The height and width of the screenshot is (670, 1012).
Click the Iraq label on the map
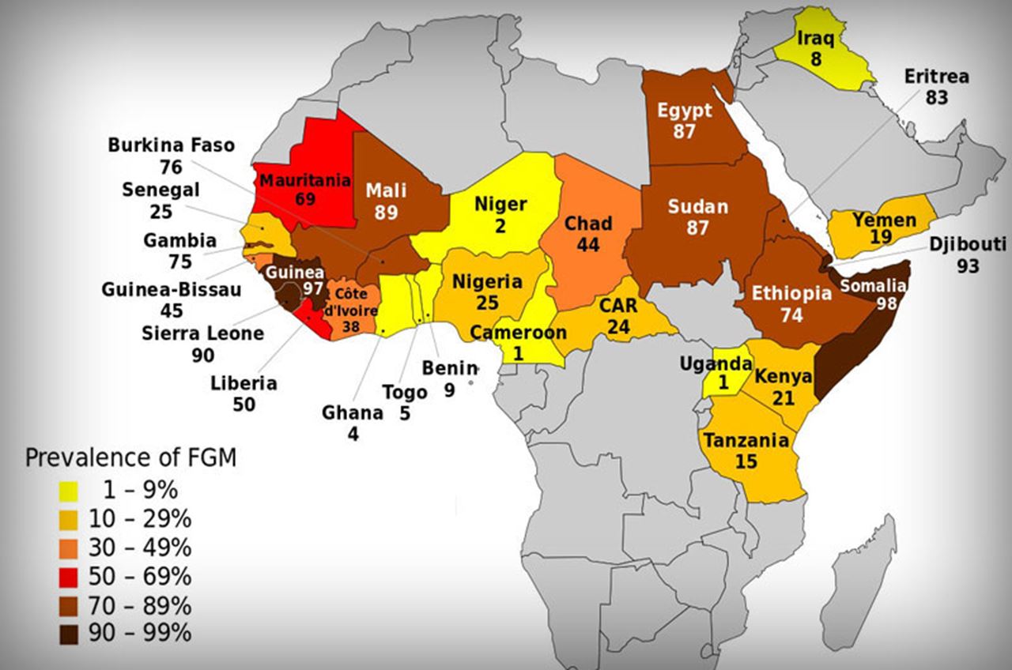tap(815, 39)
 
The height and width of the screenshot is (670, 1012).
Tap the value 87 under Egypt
tap(684, 131)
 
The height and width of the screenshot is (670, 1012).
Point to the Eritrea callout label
tap(937, 77)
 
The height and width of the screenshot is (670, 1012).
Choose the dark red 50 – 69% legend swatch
tap(68, 577)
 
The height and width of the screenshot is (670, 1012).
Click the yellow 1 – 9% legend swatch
tap(68, 491)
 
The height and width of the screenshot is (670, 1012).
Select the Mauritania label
tap(304, 179)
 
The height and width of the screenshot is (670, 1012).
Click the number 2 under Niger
tap(500, 225)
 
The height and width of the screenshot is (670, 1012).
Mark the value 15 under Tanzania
tap(746, 461)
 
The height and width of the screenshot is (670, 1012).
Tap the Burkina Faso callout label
tap(171, 145)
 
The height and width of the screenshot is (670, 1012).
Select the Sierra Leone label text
tap(202, 333)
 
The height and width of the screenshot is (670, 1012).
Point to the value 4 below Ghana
tap(353, 433)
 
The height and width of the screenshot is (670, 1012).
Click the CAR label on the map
tap(617, 304)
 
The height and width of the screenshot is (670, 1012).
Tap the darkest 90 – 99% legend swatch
tap(68, 634)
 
